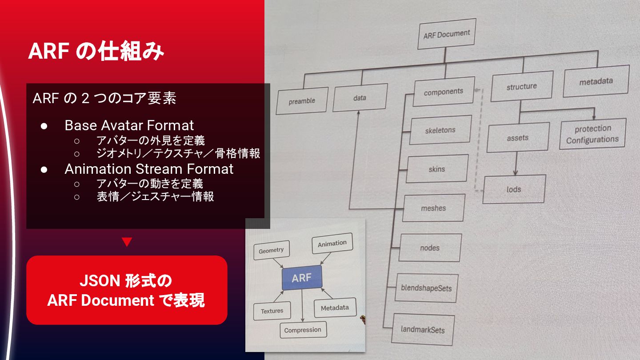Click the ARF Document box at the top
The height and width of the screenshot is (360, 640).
pyautogui.click(x=447, y=34)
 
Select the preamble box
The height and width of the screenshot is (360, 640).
pyautogui.click(x=302, y=101)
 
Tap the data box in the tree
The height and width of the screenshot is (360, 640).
pyautogui.click(x=360, y=97)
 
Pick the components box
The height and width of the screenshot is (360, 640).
pyautogui.click(x=443, y=92)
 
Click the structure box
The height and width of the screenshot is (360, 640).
pyautogui.click(x=522, y=87)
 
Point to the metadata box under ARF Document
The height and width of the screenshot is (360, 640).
pyautogui.click(x=596, y=81)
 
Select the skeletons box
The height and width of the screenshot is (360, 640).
pyautogui.click(x=440, y=130)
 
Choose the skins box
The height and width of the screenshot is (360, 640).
pyautogui.click(x=436, y=169)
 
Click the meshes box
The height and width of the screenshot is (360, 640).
pyautogui.click(x=433, y=208)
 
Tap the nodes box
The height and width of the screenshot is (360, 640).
pyautogui.click(x=430, y=248)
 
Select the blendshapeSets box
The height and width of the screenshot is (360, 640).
pyautogui.click(x=426, y=288)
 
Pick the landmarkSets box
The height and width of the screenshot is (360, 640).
pyautogui.click(x=423, y=329)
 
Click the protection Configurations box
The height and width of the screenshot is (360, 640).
pyautogui.click(x=592, y=134)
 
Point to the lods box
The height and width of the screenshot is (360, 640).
pyautogui.click(x=514, y=189)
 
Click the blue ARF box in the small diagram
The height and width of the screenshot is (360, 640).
pyautogui.click(x=302, y=278)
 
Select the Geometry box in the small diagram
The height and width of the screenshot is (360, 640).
pyautogui.click(x=271, y=251)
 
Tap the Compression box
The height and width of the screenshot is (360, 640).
pyautogui.click(x=303, y=330)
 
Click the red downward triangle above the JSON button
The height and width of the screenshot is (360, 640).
pyautogui.click(x=127, y=242)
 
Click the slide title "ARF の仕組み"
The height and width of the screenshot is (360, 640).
pyautogui.click(x=96, y=52)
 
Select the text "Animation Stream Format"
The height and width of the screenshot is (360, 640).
pyautogui.click(x=149, y=169)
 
